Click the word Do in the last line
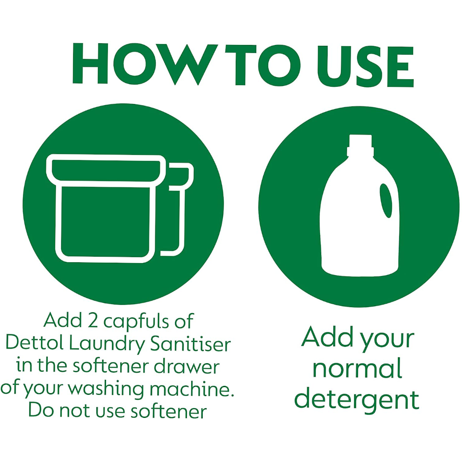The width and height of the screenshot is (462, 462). click(x=41, y=411)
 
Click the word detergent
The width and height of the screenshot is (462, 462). click(x=357, y=400)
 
